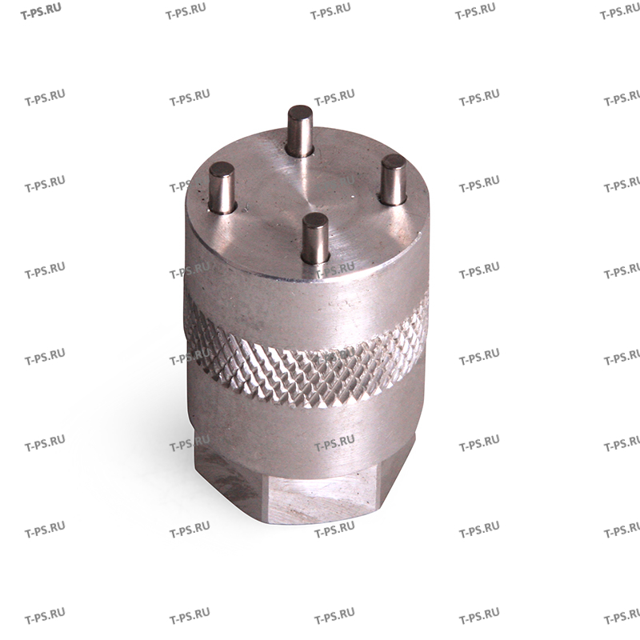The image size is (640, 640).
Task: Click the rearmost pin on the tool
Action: (x=300, y=133)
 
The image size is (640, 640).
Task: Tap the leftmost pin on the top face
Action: (x=222, y=188)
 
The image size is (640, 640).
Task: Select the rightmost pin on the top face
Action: (x=394, y=181)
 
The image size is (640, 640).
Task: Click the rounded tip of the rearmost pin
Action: (x=300, y=111)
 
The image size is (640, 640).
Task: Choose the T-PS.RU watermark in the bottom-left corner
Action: (x=45, y=618)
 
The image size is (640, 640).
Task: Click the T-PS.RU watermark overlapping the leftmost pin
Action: (x=190, y=186)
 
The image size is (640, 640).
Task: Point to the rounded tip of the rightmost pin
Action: (x=393, y=162)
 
